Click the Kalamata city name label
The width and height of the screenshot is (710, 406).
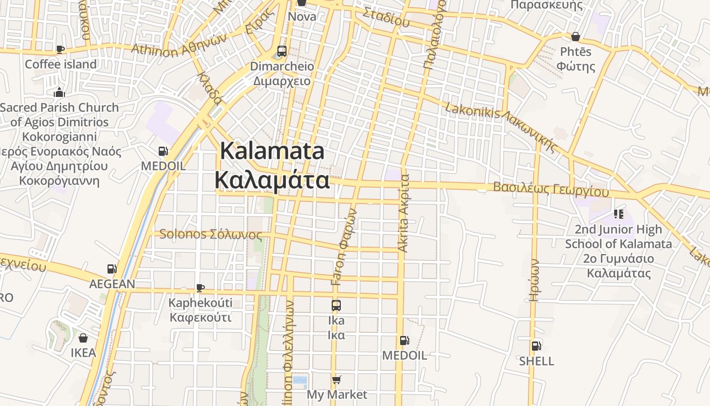272,166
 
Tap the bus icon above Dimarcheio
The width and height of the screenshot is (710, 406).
282,51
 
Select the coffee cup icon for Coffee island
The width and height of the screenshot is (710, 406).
60,49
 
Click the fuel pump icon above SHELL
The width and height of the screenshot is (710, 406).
536,346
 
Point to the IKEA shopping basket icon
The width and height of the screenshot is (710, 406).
83,338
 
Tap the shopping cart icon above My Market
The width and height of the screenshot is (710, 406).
336,380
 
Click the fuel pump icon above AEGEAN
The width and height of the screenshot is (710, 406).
112,269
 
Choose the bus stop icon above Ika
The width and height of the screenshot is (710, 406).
336,306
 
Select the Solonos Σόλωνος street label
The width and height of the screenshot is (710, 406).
210,234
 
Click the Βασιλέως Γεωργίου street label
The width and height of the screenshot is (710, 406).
551,189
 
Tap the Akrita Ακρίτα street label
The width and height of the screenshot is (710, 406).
404,213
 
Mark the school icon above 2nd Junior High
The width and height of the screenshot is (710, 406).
618,214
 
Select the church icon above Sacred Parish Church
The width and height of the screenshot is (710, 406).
59,93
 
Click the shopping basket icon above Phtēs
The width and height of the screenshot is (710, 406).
576,37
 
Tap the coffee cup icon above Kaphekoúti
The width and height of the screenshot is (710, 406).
200,288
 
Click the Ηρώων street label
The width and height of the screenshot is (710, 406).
534,280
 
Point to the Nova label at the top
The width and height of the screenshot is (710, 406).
302,16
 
